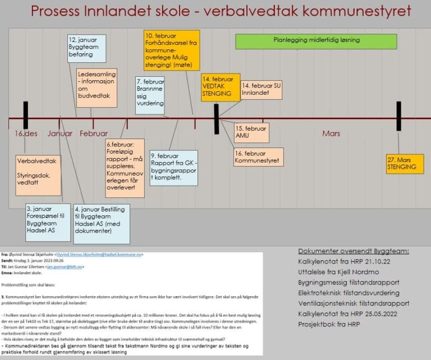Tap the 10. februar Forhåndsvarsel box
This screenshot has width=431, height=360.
click(x=172, y=50)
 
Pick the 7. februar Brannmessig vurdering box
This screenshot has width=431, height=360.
click(x=150, y=95)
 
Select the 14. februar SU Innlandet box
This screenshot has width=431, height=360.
click(x=261, y=89)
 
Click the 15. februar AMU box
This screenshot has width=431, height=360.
click(x=251, y=132)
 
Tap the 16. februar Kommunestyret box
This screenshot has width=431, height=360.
click(x=259, y=158)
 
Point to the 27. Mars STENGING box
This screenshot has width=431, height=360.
click(x=404, y=164)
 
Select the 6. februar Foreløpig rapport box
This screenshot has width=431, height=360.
click(x=125, y=167)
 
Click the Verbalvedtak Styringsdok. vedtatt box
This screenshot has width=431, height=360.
click(x=39, y=175)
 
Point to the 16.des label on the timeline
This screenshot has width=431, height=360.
click(x=26, y=133)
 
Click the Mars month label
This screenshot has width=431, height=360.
click(x=331, y=133)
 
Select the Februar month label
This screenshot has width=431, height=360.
click(x=93, y=133)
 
